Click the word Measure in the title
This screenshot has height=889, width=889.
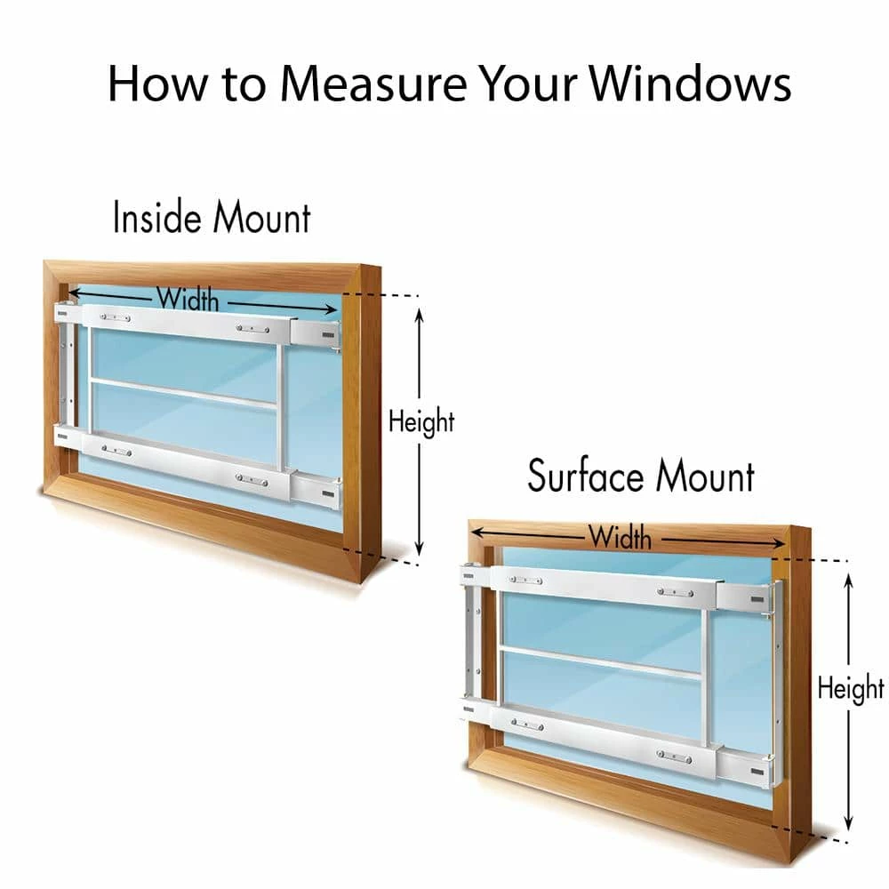click(373, 84)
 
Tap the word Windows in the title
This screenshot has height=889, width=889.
click(690, 84)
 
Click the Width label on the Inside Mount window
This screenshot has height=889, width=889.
click(188, 299)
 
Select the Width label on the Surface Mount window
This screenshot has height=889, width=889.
click(620, 536)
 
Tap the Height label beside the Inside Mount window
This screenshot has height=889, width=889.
click(421, 421)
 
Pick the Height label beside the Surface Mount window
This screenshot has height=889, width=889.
click(851, 688)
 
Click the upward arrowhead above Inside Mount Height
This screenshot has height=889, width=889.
click(419, 315)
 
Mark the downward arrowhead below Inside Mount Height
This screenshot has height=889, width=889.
click(419, 549)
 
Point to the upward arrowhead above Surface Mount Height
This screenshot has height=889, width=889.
click(849, 581)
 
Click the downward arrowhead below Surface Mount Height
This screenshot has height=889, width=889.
click(849, 823)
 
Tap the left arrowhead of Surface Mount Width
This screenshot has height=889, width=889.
click(478, 532)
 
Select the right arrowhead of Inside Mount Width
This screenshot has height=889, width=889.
click(330, 309)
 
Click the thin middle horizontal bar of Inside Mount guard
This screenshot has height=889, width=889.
click(184, 393)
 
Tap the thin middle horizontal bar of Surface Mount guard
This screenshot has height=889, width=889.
click(601, 661)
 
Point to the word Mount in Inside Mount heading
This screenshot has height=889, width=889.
click(262, 217)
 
